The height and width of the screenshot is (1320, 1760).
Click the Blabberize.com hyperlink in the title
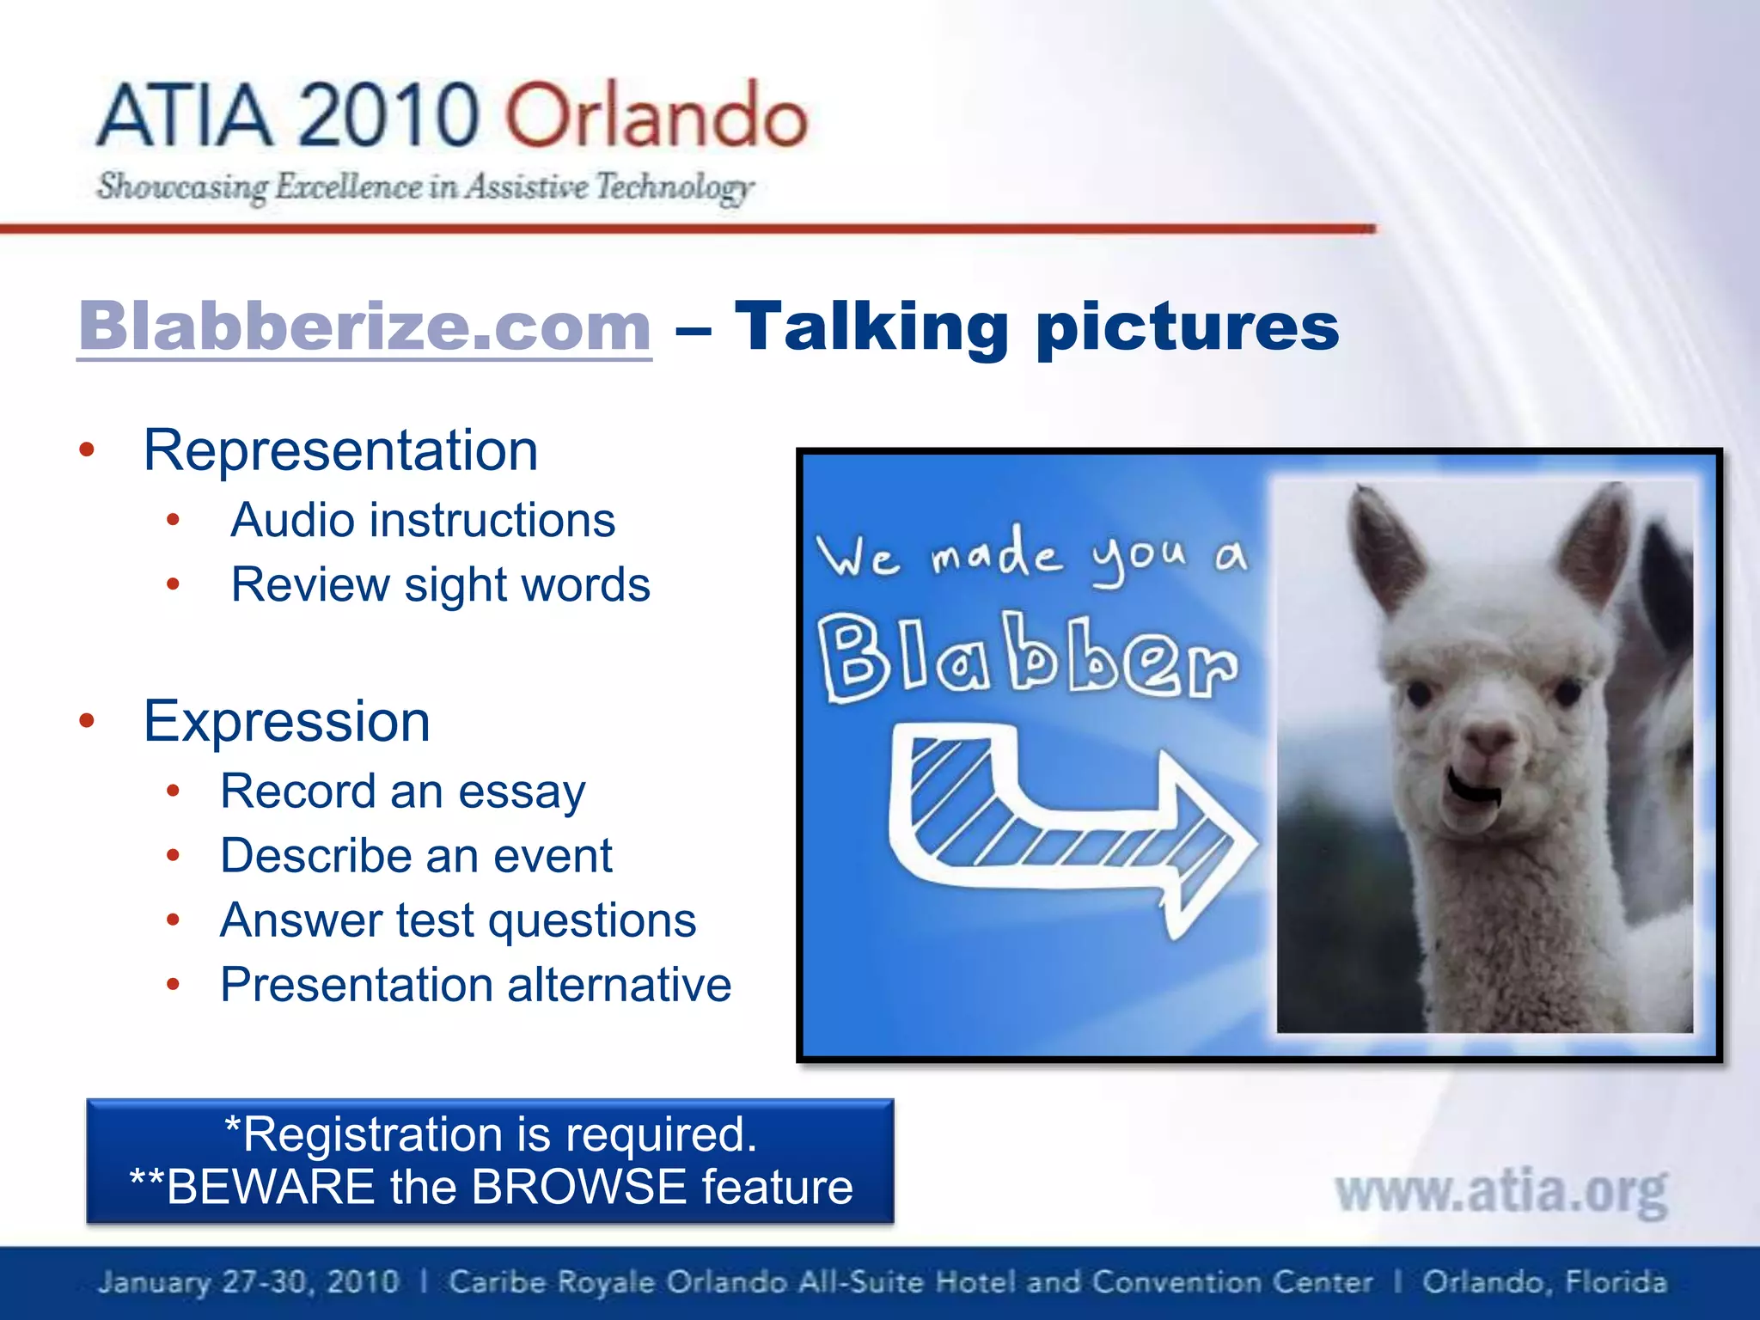[364, 327]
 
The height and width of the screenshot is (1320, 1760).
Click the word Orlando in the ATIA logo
[655, 116]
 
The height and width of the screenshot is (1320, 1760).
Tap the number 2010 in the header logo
[388, 116]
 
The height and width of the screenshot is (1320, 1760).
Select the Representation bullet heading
[340, 450]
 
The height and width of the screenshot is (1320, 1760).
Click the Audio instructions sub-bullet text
[423, 521]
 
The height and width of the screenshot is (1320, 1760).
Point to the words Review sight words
[440, 585]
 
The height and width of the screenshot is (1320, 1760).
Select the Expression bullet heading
[286, 721]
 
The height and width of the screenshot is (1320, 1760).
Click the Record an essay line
[402, 791]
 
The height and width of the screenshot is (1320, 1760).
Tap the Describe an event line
[416, 856]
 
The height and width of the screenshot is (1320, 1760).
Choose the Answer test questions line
[457, 920]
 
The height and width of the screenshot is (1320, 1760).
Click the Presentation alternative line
[475, 985]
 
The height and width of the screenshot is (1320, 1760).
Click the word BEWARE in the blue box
[270, 1188]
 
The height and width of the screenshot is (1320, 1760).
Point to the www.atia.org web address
[1500, 1193]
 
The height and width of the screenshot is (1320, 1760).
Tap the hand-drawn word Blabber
[1028, 657]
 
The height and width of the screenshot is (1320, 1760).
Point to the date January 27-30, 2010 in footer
[249, 1282]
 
